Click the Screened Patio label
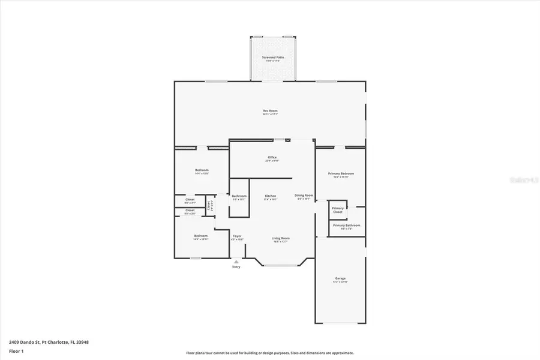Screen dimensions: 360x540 272,57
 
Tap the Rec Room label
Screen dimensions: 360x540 270,110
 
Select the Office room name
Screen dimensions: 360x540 272,158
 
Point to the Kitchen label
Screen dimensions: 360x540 271,196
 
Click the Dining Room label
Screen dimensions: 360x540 304,195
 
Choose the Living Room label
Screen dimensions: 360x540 280,238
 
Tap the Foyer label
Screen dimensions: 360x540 237,236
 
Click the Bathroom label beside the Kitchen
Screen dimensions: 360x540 239,196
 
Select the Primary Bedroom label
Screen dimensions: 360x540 340,173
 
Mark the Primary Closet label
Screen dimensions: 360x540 338,210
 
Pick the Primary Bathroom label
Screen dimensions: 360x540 346,225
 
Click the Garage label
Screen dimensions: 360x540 340,278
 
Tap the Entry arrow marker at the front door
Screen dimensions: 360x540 236,261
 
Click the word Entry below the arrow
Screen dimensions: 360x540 236,267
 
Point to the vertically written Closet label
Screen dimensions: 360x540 209,205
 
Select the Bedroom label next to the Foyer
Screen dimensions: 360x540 200,236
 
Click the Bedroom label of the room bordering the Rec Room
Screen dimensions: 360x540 201,170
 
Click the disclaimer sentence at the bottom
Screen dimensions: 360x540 270,353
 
